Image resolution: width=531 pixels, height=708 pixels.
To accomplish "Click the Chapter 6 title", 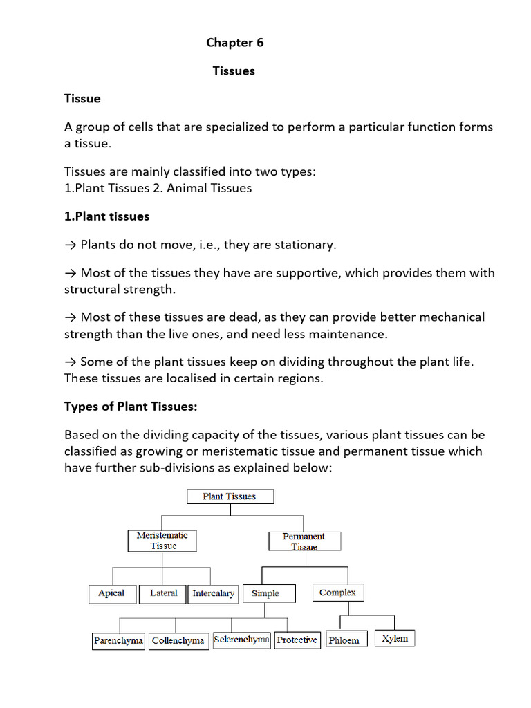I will pyautogui.click(x=235, y=43).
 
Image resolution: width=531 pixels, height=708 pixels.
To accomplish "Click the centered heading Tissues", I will pyautogui.click(x=234, y=71).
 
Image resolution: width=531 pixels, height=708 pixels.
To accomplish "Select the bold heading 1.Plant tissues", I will pyautogui.click(x=106, y=216).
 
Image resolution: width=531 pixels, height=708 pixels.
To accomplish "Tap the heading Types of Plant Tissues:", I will pyautogui.click(x=131, y=407).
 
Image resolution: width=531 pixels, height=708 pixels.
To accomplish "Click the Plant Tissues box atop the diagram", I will pyautogui.click(x=230, y=496).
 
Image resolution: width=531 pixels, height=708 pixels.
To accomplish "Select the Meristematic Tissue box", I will pyautogui.click(x=162, y=541).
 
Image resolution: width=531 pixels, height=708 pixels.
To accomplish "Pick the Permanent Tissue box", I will pyautogui.click(x=304, y=541).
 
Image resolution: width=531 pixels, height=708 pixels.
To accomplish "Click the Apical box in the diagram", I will pyautogui.click(x=111, y=593).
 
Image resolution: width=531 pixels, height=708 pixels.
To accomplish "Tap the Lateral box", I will pyautogui.click(x=163, y=593).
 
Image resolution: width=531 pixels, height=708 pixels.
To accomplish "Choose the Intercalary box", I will pyautogui.click(x=213, y=593).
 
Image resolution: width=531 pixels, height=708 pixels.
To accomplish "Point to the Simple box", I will pyautogui.click(x=266, y=593).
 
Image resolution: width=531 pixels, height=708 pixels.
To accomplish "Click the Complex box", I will pyautogui.click(x=337, y=593).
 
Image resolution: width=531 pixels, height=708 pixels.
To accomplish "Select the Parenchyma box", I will pyautogui.click(x=118, y=640).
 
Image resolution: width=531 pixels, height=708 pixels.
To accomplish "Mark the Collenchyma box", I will pyautogui.click(x=178, y=640).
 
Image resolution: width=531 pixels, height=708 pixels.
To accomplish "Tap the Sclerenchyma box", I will pyautogui.click(x=241, y=640).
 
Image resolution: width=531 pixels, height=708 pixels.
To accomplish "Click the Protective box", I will pyautogui.click(x=297, y=640).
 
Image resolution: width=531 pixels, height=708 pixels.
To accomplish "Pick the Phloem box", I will pyautogui.click(x=344, y=640).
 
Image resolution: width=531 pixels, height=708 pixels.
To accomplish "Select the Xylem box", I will pyautogui.click(x=395, y=638).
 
